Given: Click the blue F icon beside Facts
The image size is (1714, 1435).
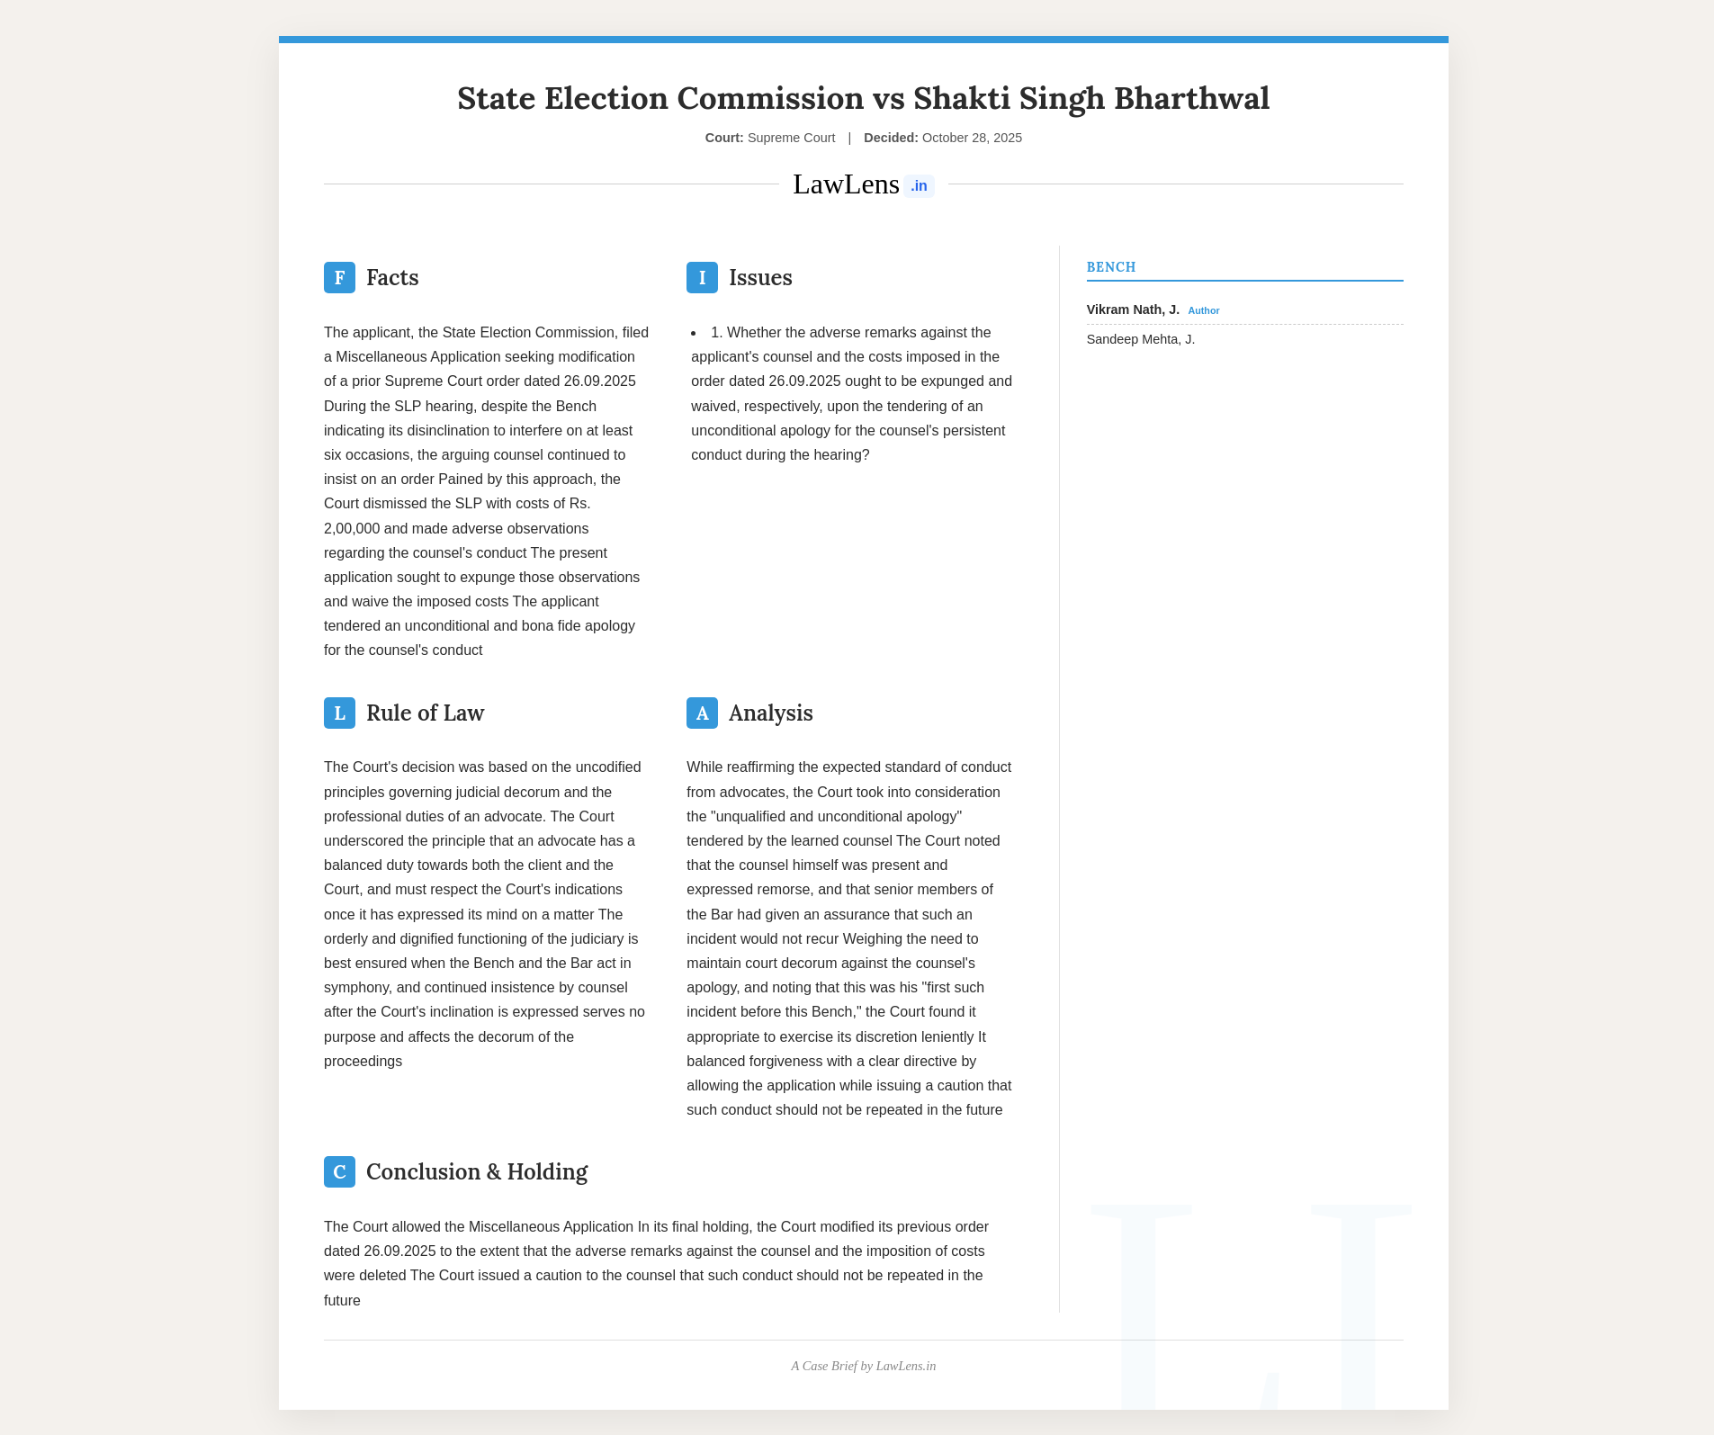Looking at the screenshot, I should tap(339, 278).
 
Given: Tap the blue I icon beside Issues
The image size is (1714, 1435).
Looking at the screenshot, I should tap(702, 278).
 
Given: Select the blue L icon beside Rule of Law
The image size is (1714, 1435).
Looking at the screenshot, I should tap(339, 713).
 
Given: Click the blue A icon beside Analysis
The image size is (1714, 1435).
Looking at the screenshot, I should tap(702, 713).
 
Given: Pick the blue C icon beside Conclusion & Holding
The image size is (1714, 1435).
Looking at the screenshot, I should tap(339, 1172).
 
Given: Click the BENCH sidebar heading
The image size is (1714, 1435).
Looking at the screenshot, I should tap(1111, 267).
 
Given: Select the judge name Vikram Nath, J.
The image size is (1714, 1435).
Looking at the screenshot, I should tap(1133, 309).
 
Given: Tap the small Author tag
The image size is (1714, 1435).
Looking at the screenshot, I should tap(1204, 310).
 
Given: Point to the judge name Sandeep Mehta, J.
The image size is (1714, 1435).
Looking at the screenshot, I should tap(1141, 339).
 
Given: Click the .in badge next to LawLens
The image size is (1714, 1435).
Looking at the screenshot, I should tap(919, 186).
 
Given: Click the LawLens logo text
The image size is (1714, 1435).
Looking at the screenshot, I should tap(846, 184).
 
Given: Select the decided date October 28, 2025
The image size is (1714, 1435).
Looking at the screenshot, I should tap(972, 138).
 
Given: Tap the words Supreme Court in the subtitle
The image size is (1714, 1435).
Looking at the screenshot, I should tap(791, 138).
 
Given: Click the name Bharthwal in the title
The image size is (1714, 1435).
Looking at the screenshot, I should tap(1192, 98).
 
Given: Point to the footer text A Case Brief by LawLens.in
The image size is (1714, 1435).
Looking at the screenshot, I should tap(863, 1366).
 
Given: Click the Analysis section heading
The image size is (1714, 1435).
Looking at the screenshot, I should tap(770, 713).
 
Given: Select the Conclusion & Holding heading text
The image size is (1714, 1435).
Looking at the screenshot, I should tap(477, 1172).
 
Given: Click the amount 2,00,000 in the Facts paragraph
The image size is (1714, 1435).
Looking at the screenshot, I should tap(352, 529).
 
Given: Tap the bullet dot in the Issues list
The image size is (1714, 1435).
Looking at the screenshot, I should tap(694, 333).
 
